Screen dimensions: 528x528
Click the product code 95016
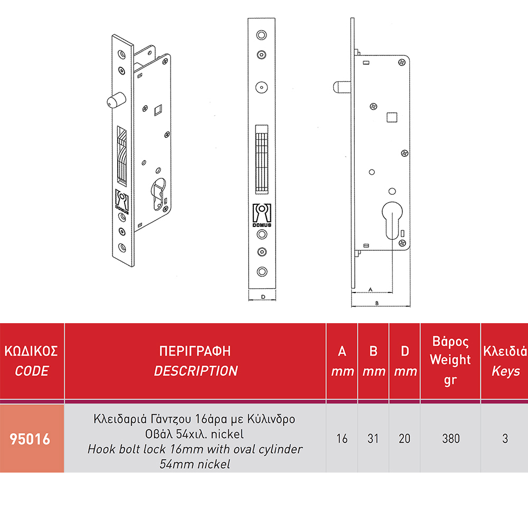tap(30, 439)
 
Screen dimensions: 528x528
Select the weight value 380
tap(451, 438)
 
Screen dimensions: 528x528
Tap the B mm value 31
tap(373, 438)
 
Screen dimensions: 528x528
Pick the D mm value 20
tap(404, 438)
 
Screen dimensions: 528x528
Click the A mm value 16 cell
tap(342, 438)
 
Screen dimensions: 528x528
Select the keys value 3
tap(505, 438)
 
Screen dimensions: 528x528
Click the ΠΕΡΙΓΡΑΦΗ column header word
tap(195, 351)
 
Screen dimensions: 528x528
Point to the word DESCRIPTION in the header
tap(196, 371)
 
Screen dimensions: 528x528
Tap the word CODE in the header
tap(32, 371)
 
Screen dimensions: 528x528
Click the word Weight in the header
tap(450, 360)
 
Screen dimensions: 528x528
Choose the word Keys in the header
tap(505, 371)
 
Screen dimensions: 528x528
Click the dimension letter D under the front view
tap(263, 297)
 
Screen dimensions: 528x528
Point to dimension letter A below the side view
tap(371, 289)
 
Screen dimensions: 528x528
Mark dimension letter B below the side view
tap(377, 303)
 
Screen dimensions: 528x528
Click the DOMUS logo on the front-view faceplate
tap(262, 215)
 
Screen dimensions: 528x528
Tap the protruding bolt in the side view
tap(342, 87)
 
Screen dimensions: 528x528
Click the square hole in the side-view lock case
tap(392, 117)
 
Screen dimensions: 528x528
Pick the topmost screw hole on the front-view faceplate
tap(262, 35)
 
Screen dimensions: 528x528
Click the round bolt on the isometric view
tap(116, 100)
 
